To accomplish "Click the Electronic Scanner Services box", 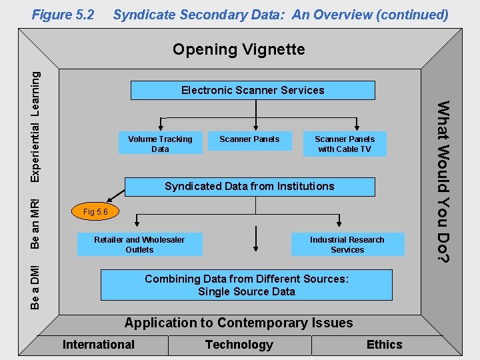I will pyautogui.click(x=253, y=90).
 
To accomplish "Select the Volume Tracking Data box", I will pyautogui.click(x=160, y=144).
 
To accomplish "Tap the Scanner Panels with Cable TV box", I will pyautogui.click(x=345, y=144).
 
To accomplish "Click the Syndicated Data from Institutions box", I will pyautogui.click(x=249, y=186).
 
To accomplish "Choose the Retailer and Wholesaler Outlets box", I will pyautogui.click(x=139, y=245).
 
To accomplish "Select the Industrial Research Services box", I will pyautogui.click(x=347, y=245).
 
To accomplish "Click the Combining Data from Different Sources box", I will pyautogui.click(x=246, y=285).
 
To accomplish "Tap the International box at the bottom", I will pyautogui.click(x=99, y=345).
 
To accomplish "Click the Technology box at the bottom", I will pyautogui.click(x=239, y=345).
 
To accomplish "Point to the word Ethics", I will pyautogui.click(x=385, y=345).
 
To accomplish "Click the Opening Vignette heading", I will pyautogui.click(x=239, y=49).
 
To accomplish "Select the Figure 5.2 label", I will pyautogui.click(x=63, y=14).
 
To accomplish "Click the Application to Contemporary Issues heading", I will pyautogui.click(x=239, y=323).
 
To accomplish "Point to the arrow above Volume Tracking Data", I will pyautogui.click(x=160, y=123).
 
